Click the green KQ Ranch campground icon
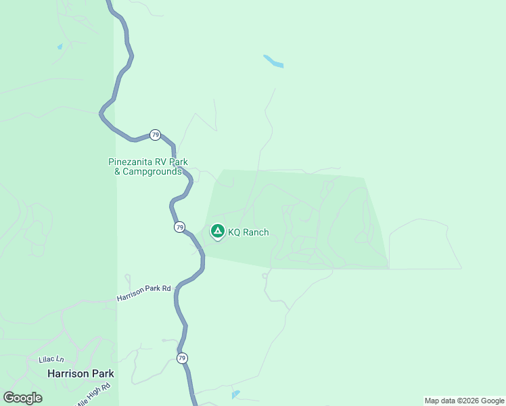[x=217, y=231]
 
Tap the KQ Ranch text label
[x=248, y=233]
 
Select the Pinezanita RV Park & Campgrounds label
[x=148, y=166]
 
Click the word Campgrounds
[x=156, y=172]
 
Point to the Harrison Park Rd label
[x=143, y=292]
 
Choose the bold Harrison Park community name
[x=80, y=374]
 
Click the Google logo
[x=22, y=398]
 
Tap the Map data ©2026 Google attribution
[x=464, y=401]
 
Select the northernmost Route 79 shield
[x=156, y=135]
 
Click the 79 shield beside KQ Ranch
[x=179, y=227]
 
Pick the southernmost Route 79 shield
[x=182, y=358]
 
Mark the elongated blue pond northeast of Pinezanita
[x=273, y=61]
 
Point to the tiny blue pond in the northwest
[x=60, y=47]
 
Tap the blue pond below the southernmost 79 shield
[x=235, y=394]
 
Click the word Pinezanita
[x=132, y=162]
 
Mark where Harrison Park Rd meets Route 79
[x=175, y=288]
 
